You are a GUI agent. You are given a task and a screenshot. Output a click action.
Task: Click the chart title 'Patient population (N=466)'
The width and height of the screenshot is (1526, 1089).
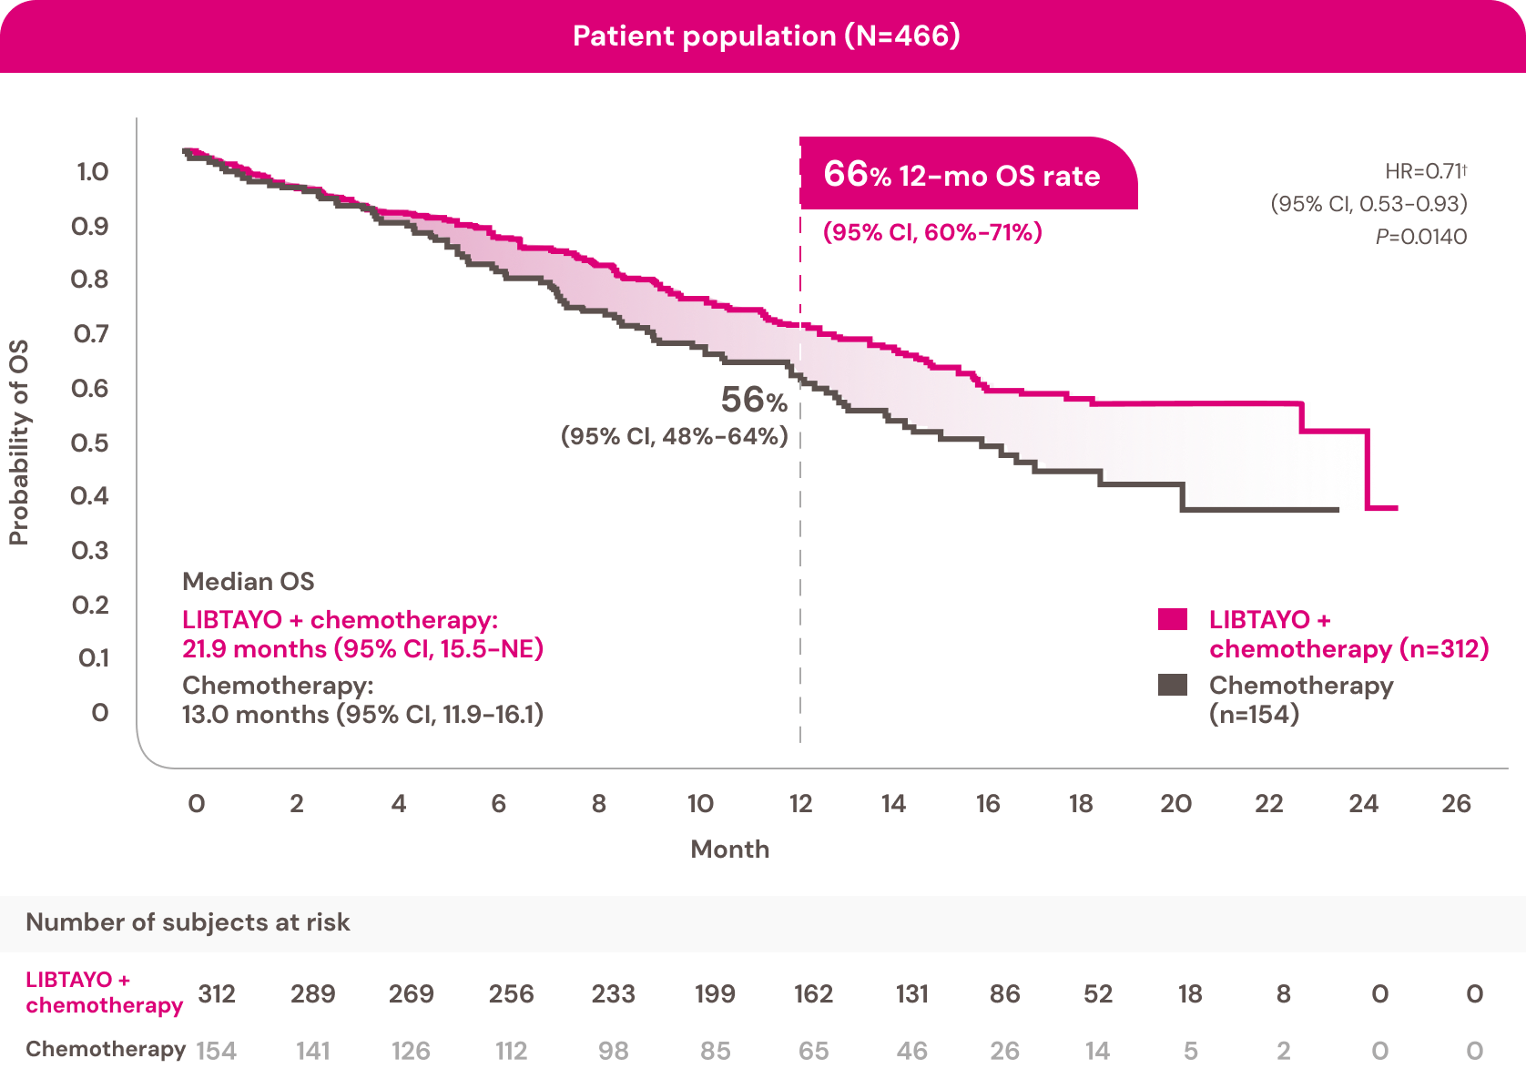pyautogui.click(x=766, y=36)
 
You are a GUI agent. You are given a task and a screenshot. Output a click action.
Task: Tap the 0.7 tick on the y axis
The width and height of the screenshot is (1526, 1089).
pyautogui.click(x=91, y=334)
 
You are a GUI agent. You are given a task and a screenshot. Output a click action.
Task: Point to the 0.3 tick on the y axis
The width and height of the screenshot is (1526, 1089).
pyautogui.click(x=91, y=551)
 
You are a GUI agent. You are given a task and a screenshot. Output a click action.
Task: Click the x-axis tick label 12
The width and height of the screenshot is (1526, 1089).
pyautogui.click(x=800, y=803)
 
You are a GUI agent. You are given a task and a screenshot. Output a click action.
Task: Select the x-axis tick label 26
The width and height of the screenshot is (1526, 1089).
pyautogui.click(x=1456, y=803)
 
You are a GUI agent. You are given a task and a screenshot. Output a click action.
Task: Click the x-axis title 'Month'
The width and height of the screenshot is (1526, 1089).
pyautogui.click(x=730, y=849)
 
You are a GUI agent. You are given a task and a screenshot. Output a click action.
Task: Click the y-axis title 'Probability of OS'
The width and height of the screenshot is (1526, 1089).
pyautogui.click(x=19, y=443)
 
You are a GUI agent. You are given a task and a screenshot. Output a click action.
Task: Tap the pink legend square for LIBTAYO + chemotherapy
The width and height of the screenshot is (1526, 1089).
pyautogui.click(x=1173, y=619)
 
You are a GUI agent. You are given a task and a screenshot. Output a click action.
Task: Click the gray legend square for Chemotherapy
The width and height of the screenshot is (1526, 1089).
pyautogui.click(x=1173, y=685)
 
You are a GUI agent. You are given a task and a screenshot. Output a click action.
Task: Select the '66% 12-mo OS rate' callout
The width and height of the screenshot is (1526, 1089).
pyautogui.click(x=961, y=175)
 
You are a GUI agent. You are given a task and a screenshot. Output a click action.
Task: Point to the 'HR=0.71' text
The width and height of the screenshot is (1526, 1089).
pyautogui.click(x=1425, y=171)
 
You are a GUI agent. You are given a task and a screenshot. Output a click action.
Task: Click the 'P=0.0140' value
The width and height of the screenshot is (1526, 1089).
pyautogui.click(x=1421, y=237)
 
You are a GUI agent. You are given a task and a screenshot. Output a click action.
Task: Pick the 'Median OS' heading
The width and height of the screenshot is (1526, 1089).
pyautogui.click(x=248, y=581)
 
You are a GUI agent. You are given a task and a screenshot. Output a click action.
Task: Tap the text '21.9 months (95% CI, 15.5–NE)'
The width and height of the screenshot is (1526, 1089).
pyautogui.click(x=362, y=648)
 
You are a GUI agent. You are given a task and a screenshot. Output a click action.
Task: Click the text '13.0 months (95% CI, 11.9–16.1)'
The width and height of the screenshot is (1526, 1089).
pyautogui.click(x=362, y=714)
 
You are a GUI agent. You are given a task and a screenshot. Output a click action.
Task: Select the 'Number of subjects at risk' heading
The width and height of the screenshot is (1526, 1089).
pyautogui.click(x=188, y=922)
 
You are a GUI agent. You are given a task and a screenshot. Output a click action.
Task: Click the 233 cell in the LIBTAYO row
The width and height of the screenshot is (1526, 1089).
pyautogui.click(x=613, y=993)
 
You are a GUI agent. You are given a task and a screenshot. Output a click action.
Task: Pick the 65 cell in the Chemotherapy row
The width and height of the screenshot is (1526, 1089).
pyautogui.click(x=813, y=1051)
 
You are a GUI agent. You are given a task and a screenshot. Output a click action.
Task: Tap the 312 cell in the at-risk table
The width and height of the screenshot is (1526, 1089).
pyautogui.click(x=217, y=993)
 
